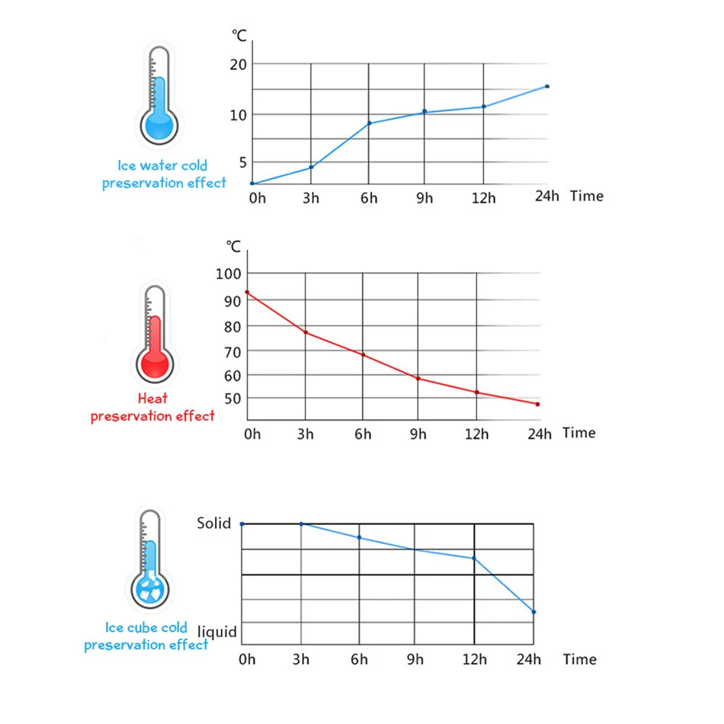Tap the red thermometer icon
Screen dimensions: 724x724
tap(155, 335)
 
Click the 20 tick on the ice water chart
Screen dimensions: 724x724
tap(239, 64)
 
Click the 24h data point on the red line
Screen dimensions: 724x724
tap(537, 404)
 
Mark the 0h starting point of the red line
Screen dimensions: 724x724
tap(247, 292)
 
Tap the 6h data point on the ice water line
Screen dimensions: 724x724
tap(370, 123)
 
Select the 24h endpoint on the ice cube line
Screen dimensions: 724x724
tap(533, 611)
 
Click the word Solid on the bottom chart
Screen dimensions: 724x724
tap(213, 524)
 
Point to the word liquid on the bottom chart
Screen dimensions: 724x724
tap(217, 632)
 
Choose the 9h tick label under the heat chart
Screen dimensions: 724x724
tap(418, 434)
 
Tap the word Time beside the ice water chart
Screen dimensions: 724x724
tap(586, 196)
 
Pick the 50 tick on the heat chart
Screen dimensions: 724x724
tap(232, 399)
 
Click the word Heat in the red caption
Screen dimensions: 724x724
tap(152, 398)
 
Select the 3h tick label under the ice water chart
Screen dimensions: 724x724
tap(311, 198)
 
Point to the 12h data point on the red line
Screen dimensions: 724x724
tap(476, 392)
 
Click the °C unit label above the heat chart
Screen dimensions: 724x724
tap(233, 246)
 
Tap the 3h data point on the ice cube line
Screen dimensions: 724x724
tap(302, 524)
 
